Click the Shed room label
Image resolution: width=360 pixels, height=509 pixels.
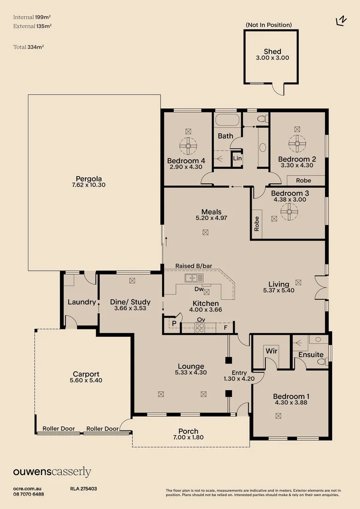[x=272, y=51]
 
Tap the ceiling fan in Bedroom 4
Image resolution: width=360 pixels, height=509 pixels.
[x=188, y=146]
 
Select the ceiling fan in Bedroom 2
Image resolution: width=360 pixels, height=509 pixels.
[x=297, y=143]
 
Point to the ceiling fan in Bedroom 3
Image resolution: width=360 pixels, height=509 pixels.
[x=289, y=212]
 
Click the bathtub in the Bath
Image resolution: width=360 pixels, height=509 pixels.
[x=227, y=120]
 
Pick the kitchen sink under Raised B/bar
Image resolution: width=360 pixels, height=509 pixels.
[x=194, y=278]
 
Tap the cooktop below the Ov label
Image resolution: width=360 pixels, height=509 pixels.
[x=200, y=328]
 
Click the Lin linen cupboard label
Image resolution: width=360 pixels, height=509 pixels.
[x=237, y=158]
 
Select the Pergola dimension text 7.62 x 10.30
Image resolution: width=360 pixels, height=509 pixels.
[x=89, y=185]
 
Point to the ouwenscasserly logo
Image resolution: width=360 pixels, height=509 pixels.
[x=52, y=472]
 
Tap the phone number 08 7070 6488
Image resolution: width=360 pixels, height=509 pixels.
[x=29, y=494]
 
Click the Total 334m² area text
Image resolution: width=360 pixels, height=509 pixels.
[x=29, y=47]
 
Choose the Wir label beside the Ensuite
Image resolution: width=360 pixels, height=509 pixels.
[x=271, y=351]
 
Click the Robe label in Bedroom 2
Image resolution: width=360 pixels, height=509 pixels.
[x=303, y=181]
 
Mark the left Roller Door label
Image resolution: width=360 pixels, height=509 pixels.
[x=59, y=428]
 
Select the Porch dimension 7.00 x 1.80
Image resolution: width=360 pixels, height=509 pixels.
[x=188, y=437]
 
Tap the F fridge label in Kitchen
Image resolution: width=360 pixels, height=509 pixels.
[x=226, y=328]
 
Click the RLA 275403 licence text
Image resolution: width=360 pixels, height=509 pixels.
[x=83, y=489]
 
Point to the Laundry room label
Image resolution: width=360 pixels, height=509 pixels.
[x=82, y=302]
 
